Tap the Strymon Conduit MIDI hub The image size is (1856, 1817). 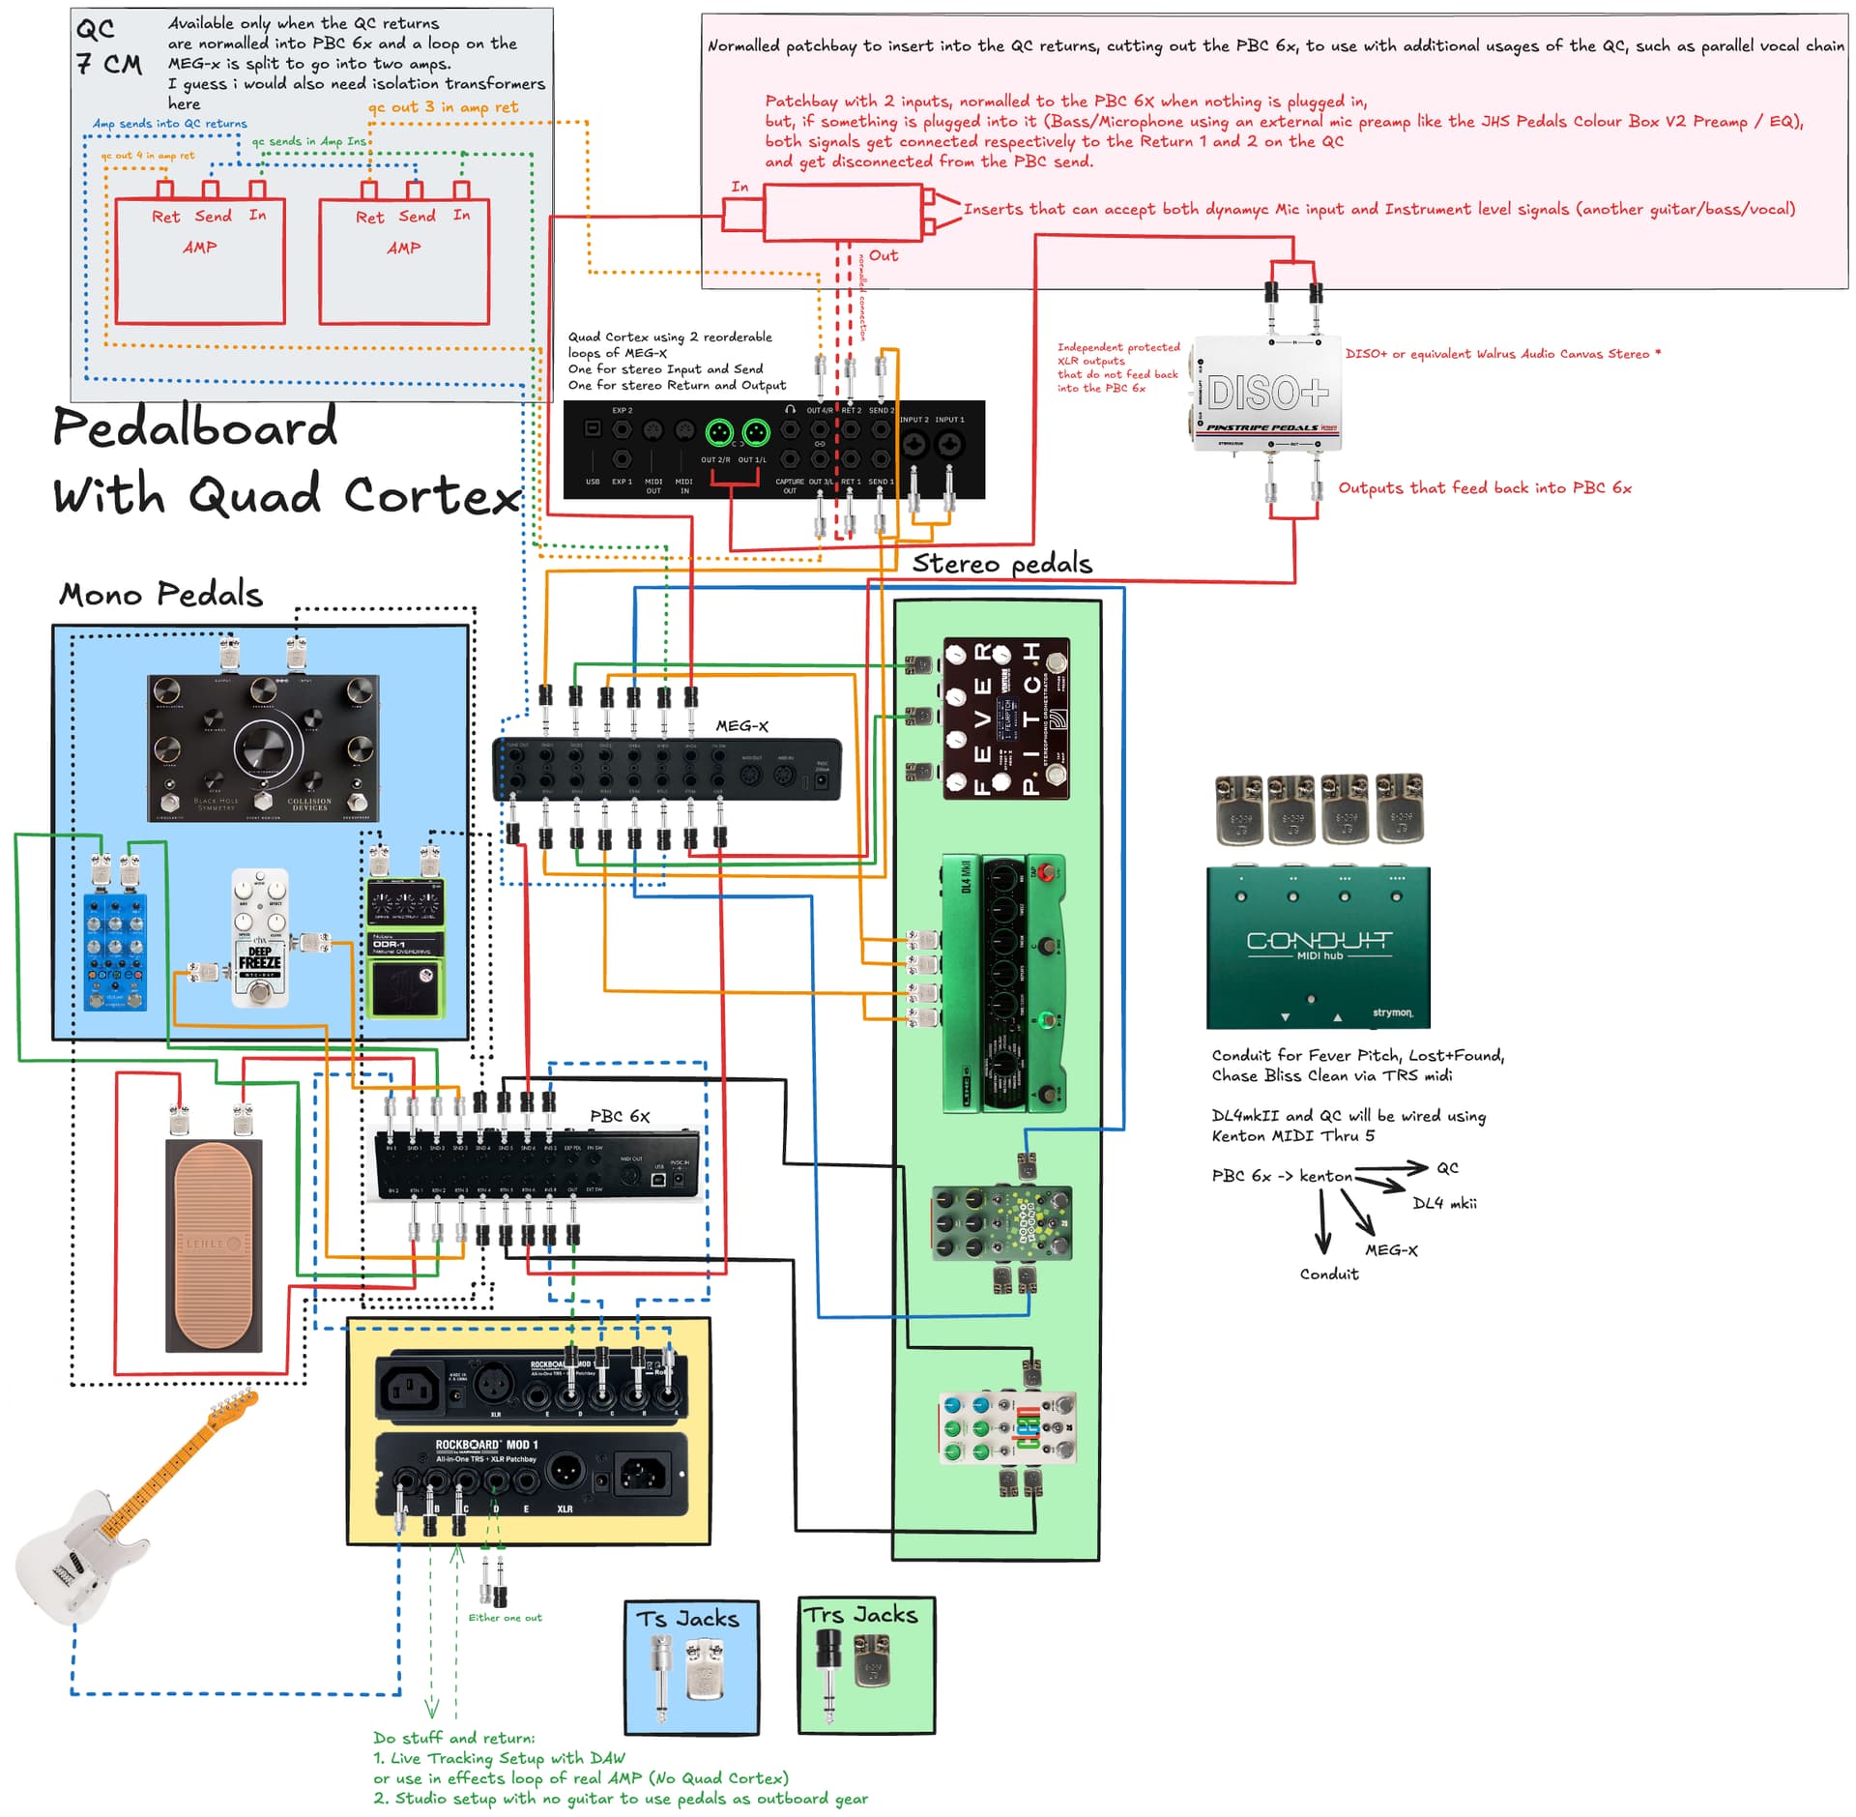point(1318,947)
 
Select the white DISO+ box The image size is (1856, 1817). point(1267,395)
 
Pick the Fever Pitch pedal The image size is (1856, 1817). point(1005,718)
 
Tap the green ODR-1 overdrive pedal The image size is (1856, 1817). point(406,948)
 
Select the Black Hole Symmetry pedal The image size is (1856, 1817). point(262,747)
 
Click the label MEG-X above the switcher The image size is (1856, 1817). point(741,726)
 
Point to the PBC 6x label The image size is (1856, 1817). point(620,1116)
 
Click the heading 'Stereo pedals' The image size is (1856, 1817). point(1001,564)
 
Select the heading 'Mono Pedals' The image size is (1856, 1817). point(160,594)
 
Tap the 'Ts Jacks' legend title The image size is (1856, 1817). point(687,1619)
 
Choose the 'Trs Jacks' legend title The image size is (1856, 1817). point(861,1615)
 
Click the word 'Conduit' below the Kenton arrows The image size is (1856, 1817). point(1328,1274)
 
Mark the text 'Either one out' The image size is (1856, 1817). point(505,1618)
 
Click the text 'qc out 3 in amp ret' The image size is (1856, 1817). point(443,106)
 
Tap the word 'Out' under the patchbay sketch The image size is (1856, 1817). point(883,255)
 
